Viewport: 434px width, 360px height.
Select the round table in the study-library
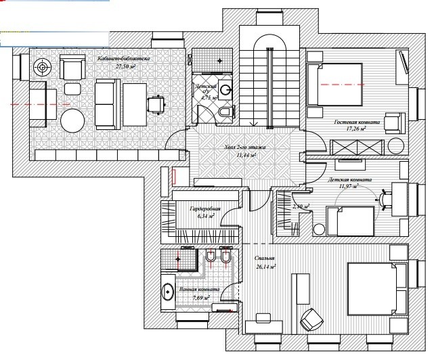(x=71, y=121)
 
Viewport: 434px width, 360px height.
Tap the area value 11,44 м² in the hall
(x=241, y=155)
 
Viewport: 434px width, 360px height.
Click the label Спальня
(x=264, y=258)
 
